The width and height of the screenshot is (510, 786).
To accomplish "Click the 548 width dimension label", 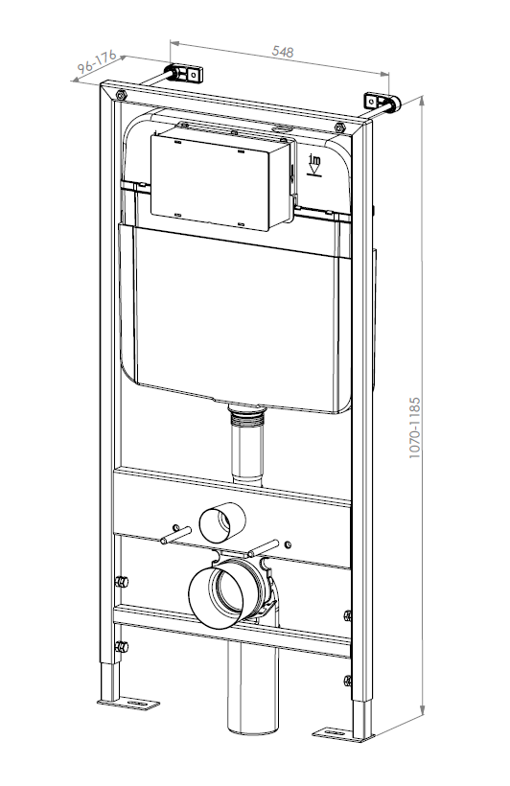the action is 283,51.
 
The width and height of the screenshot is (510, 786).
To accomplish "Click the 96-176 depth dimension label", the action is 97,61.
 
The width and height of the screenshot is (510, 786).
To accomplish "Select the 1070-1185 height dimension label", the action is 414,428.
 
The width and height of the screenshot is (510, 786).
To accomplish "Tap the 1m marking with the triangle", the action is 314,165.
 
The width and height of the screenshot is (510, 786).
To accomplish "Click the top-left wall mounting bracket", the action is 186,73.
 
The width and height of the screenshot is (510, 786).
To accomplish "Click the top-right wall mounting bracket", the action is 382,102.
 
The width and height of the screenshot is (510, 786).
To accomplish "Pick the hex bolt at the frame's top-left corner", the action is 121,95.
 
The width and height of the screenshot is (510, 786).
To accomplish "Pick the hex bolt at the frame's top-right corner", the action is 339,127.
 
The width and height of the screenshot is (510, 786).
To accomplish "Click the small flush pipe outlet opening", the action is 222,522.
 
